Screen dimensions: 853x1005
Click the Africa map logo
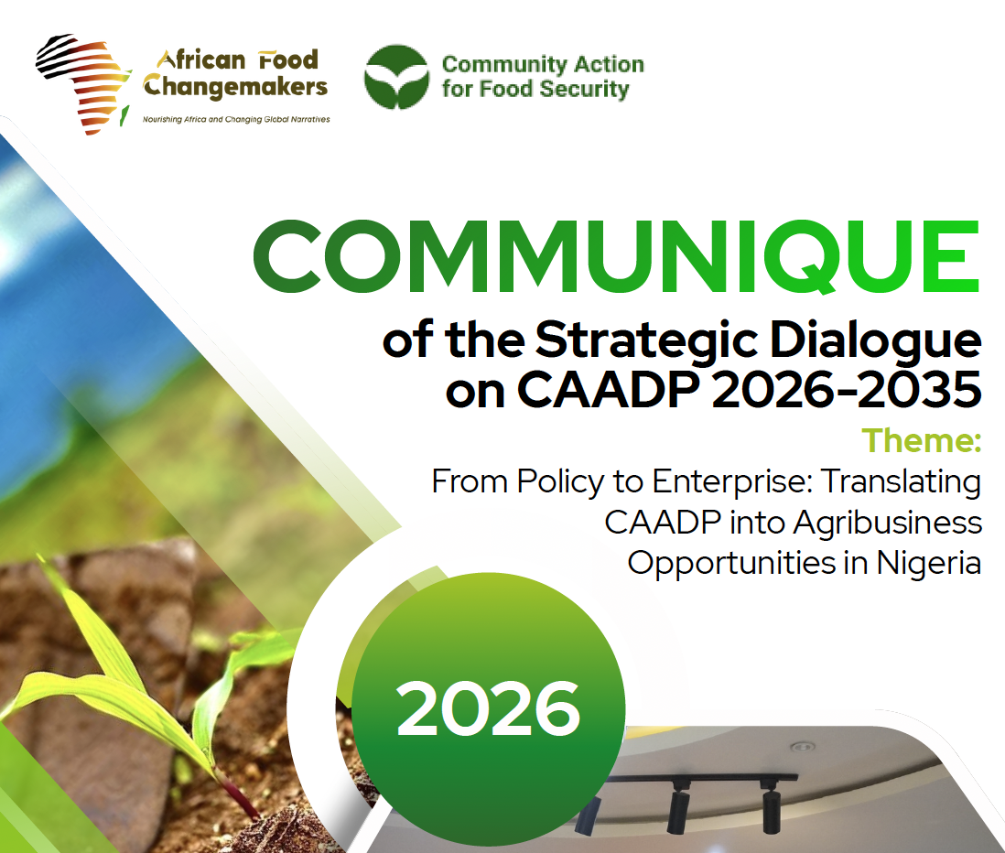click(x=84, y=84)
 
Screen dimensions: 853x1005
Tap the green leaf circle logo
click(x=396, y=77)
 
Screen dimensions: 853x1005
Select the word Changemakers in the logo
click(x=234, y=88)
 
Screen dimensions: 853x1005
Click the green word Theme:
click(x=921, y=440)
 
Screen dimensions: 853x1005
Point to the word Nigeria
click(x=928, y=562)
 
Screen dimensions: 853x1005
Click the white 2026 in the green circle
click(x=488, y=709)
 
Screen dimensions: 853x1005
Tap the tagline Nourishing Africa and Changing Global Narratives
click(x=235, y=120)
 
